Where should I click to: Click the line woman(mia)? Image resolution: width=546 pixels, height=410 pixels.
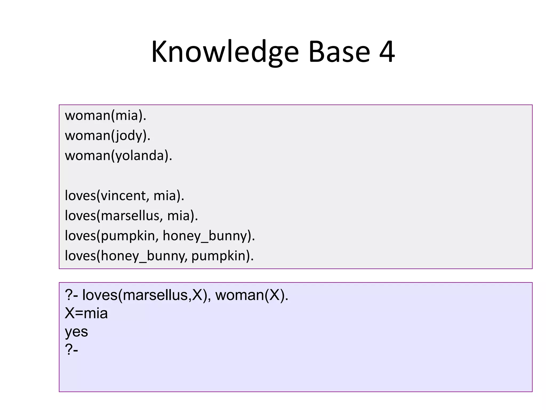click(106, 116)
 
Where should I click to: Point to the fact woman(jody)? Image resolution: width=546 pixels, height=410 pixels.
click(108, 136)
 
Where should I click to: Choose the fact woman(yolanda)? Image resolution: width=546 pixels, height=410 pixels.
click(118, 156)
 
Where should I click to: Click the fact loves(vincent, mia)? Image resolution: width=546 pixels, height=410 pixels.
click(125, 196)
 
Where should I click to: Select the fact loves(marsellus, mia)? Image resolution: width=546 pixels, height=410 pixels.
click(131, 216)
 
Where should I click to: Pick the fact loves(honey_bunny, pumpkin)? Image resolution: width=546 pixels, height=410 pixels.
click(159, 256)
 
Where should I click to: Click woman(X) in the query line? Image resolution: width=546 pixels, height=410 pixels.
click(252, 295)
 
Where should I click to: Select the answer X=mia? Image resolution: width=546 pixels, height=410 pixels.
click(86, 313)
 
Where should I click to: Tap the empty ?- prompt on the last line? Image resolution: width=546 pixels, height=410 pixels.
click(71, 349)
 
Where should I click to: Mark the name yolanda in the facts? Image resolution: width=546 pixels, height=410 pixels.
click(140, 156)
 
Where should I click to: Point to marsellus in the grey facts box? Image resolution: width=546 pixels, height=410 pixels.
click(130, 216)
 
